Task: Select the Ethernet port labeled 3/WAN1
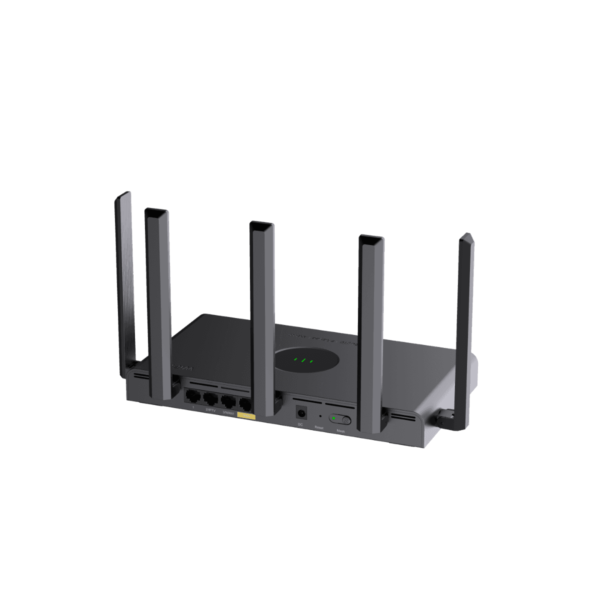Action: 228,400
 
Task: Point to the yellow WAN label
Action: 246,416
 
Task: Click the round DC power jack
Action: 301,413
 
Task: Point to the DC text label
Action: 300,424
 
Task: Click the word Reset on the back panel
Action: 319,427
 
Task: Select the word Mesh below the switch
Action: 341,430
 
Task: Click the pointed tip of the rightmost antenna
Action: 467,235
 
